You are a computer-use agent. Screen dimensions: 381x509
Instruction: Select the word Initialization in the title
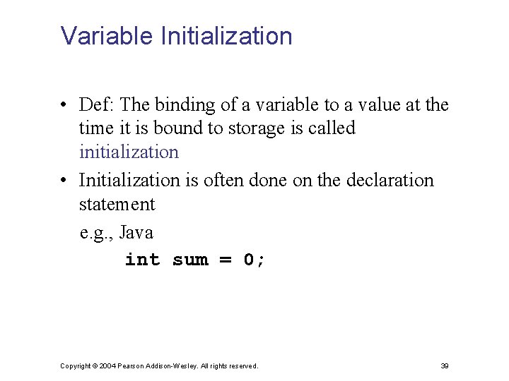[227, 36]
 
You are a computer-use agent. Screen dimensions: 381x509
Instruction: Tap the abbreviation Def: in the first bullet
[97, 105]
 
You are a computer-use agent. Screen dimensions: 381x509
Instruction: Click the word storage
[255, 128]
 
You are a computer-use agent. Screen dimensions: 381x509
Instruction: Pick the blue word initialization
[129, 152]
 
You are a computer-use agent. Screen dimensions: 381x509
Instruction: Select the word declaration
[390, 181]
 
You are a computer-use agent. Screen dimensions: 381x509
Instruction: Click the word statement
[117, 205]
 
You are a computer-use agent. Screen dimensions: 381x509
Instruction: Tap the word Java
[136, 232]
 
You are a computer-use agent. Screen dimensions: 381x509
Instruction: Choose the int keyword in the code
[142, 260]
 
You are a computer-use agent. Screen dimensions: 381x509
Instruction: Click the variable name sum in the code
[190, 260]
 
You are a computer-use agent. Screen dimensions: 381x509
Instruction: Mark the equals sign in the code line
[226, 260]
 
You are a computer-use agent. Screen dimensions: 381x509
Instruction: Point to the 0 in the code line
[249, 260]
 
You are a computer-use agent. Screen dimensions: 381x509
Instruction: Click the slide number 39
[445, 365]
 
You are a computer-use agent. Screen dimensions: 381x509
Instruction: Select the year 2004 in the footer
[108, 365]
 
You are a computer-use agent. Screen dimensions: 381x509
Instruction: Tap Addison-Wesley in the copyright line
[170, 365]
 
